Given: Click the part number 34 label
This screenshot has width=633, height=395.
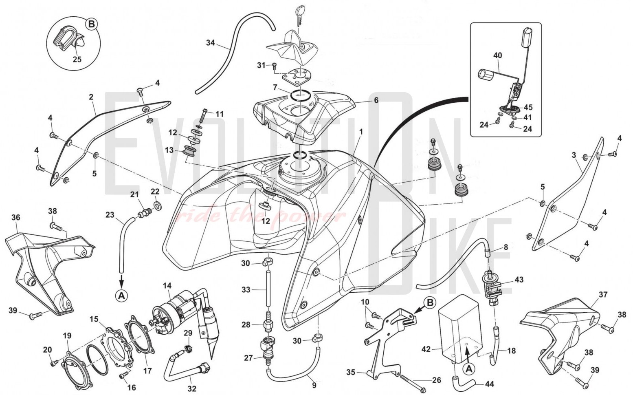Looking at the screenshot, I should tap(210, 43).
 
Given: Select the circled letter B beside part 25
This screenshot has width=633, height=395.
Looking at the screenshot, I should tap(91, 24).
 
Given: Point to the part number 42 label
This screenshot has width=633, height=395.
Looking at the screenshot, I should tap(426, 349).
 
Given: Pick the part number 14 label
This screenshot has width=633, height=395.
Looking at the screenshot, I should tap(167, 286).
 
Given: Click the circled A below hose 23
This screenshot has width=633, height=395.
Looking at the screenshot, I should tap(121, 296).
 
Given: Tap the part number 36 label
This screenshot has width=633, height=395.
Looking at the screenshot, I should tap(15, 218).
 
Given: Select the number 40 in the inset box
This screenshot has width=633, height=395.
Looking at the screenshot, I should tap(497, 55).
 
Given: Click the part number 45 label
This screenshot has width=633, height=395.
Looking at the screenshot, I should tap(528, 108).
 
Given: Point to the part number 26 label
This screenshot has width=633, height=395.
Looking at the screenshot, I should tap(436, 380).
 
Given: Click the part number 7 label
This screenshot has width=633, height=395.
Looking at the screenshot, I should tap(275, 88).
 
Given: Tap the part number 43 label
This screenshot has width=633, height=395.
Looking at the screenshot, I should tap(519, 280).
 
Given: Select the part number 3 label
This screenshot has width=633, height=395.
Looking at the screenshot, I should tap(574, 155).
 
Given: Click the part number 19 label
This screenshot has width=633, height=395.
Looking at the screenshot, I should tap(67, 336).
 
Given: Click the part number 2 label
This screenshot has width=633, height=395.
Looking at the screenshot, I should tap(91, 97).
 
